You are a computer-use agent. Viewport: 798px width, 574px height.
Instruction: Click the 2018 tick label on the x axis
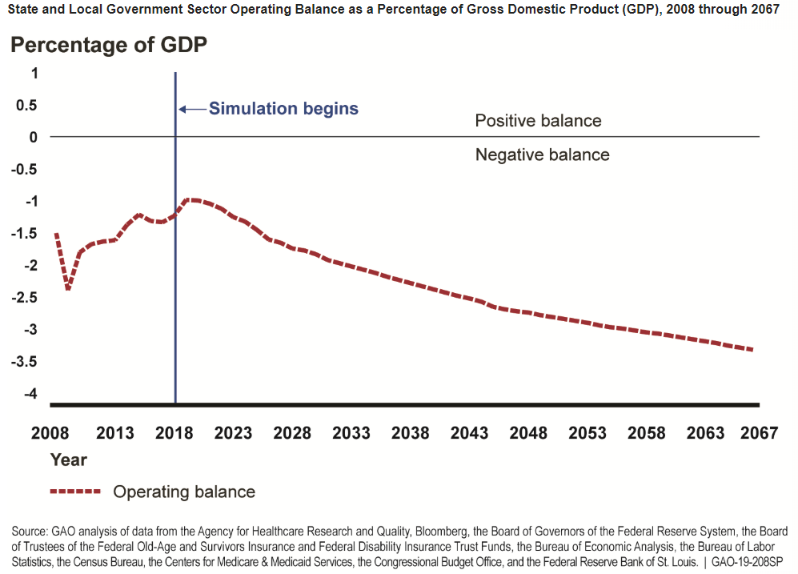point(174,433)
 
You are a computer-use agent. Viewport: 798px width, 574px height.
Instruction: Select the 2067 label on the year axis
point(759,433)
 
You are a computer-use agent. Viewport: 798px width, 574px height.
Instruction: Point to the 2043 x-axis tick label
point(469,433)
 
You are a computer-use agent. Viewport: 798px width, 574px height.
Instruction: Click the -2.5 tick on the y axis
point(25,297)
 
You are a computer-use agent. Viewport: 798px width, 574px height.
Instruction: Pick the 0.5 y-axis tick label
point(26,105)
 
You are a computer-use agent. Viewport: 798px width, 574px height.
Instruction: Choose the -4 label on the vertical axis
point(31,393)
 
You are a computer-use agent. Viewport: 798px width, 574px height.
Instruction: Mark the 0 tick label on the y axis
point(34,137)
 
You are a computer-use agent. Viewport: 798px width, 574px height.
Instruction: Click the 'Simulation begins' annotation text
point(283,109)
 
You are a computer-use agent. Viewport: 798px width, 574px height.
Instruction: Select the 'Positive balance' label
point(538,121)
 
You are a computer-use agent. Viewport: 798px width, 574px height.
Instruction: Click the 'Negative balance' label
point(542,155)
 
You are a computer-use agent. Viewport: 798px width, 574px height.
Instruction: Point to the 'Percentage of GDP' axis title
point(109,46)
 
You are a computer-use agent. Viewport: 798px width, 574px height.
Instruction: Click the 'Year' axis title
point(68,460)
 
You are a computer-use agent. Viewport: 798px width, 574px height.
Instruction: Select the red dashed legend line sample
point(75,492)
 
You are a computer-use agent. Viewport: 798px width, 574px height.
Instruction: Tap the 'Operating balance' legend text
point(184,492)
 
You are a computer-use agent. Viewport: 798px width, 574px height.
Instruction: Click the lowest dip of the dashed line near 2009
point(68,289)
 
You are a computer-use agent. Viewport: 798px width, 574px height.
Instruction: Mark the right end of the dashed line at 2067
point(752,349)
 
